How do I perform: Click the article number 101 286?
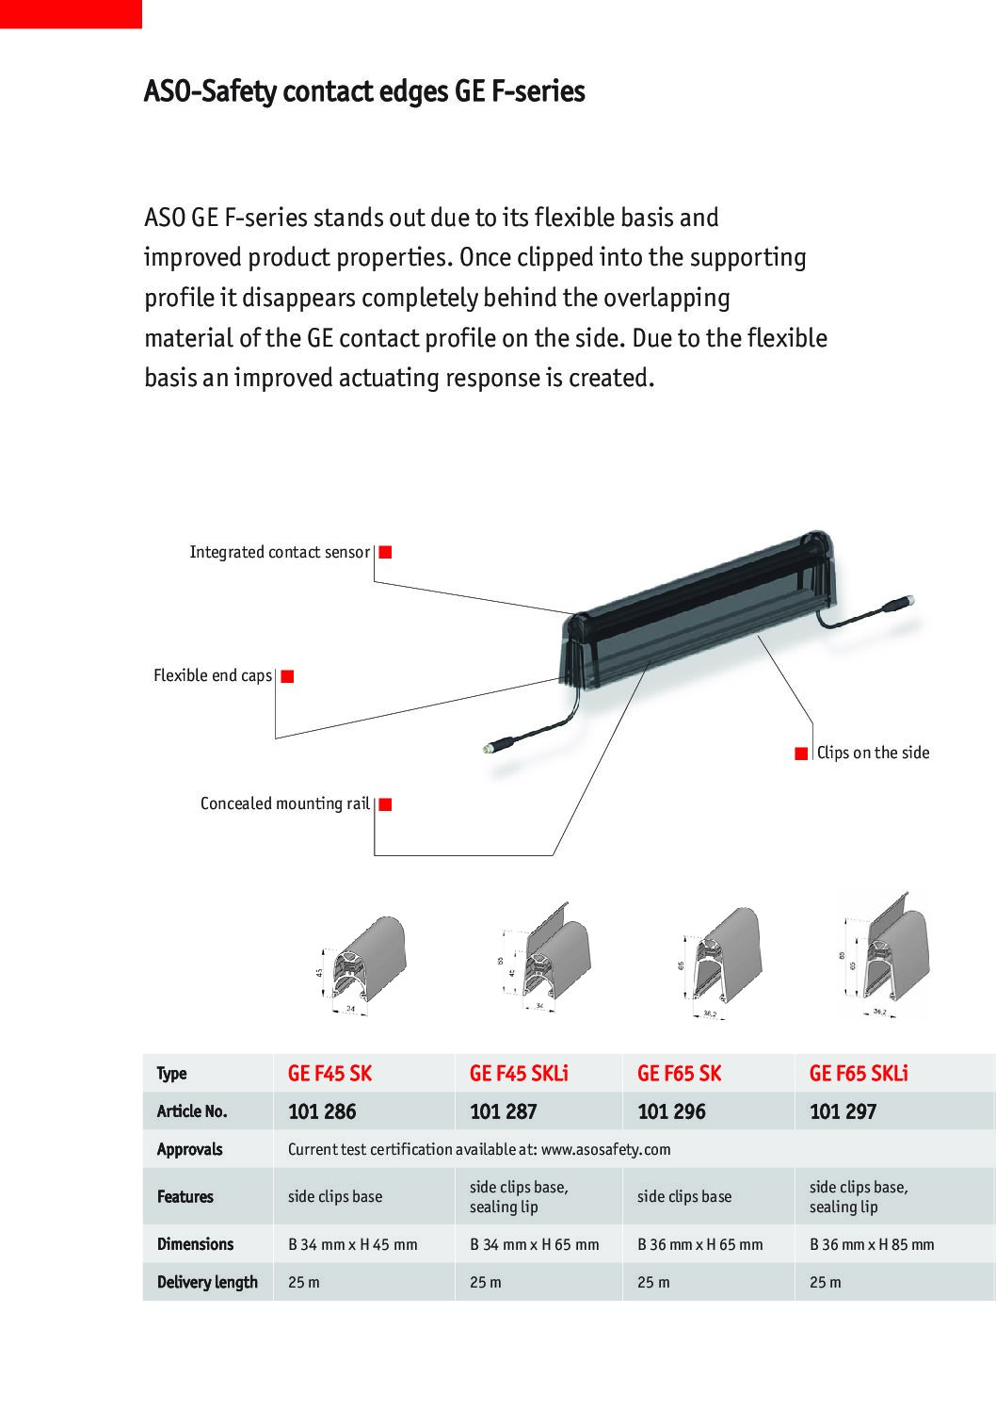pyautogui.click(x=322, y=1111)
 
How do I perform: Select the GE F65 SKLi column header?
pyautogui.click(x=859, y=1074)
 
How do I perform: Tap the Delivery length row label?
pyautogui.click(x=207, y=1282)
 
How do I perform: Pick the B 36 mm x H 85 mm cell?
pyautogui.click(x=872, y=1244)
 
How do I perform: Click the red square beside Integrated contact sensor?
pyautogui.click(x=385, y=552)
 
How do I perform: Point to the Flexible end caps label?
pyautogui.click(x=213, y=676)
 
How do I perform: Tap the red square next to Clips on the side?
pyautogui.click(x=801, y=753)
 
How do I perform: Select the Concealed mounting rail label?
pyautogui.click(x=284, y=803)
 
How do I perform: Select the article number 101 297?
pyautogui.click(x=843, y=1111)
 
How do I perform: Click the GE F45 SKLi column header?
pyautogui.click(x=519, y=1074)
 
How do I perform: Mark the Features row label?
pyautogui.click(x=185, y=1196)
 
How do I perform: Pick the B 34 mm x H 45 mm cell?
pyautogui.click(x=352, y=1244)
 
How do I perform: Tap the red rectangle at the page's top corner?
pyautogui.click(x=71, y=13)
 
